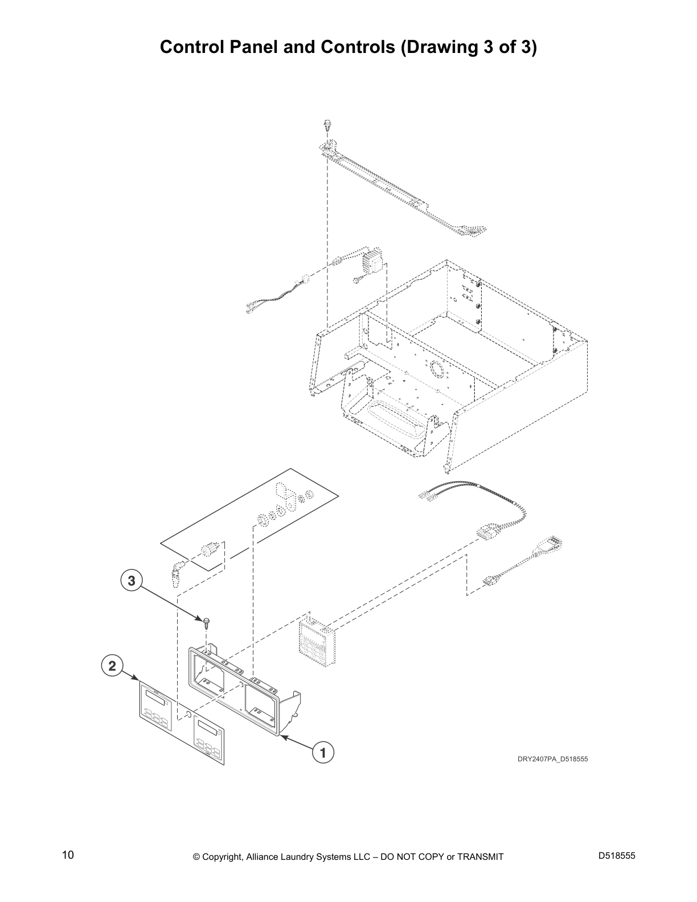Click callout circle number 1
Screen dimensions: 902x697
[323, 752]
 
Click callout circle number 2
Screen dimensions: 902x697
[112, 665]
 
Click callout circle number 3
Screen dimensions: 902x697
[132, 581]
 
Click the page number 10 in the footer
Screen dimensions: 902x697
[68, 855]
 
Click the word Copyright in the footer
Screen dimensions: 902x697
[223, 856]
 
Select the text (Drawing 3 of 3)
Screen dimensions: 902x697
[469, 47]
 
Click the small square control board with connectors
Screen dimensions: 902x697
[317, 642]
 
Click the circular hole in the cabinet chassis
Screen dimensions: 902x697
[437, 369]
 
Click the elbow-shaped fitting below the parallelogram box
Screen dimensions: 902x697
[175, 572]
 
